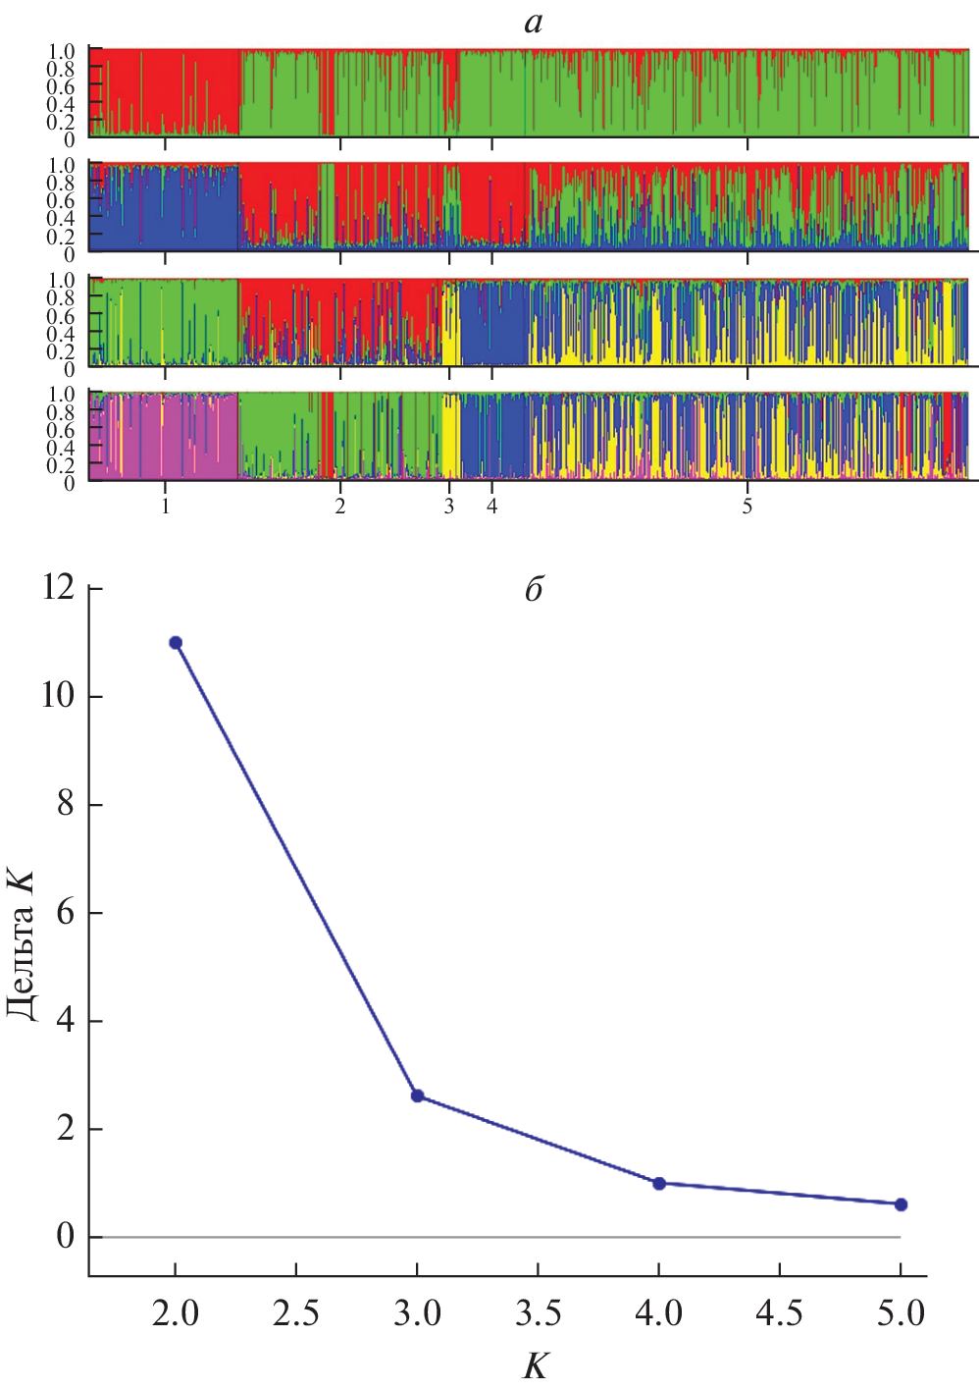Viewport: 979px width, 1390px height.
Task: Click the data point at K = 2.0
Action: coord(176,643)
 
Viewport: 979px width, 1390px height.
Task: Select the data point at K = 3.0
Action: coord(417,1096)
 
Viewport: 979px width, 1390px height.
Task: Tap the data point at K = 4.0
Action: coord(659,1184)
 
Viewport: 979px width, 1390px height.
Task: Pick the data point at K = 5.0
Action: coord(901,1204)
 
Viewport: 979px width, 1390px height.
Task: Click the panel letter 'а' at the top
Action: coord(533,23)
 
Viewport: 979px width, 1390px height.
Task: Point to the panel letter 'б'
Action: coord(533,589)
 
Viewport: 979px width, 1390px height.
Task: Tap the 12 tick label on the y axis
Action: coord(58,587)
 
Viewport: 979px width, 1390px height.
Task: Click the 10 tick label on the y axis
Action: coord(58,696)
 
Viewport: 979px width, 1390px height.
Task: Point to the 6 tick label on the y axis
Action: coord(66,913)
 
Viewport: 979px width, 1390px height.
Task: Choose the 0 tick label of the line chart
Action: coord(66,1236)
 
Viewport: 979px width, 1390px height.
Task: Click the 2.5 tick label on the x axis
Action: coord(296,1313)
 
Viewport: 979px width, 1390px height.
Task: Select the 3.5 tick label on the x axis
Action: coord(538,1313)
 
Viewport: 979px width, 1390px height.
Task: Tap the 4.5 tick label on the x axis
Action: coord(780,1313)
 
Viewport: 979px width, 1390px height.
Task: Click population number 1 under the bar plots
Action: coord(165,507)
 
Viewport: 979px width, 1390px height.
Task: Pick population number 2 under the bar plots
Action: coord(340,507)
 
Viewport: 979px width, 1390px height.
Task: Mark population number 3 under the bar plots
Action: coord(449,507)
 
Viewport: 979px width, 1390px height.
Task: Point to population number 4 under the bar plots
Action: coord(491,507)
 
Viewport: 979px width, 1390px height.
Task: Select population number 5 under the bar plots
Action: coord(747,507)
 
